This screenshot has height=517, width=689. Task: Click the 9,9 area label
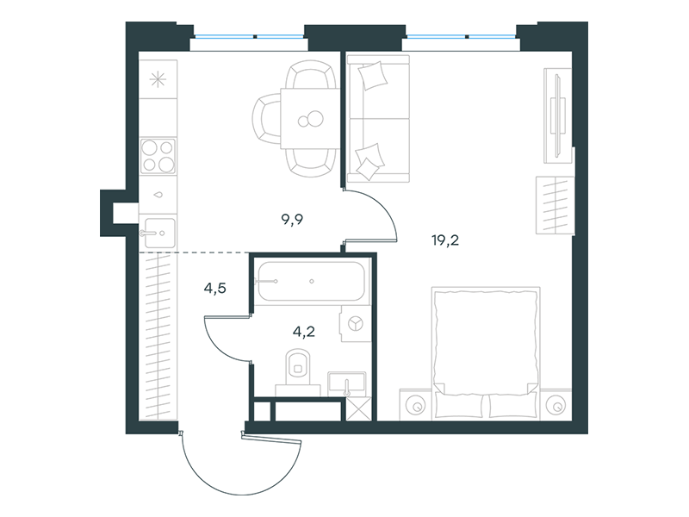coord(292,220)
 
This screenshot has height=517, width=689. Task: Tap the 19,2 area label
coord(445,240)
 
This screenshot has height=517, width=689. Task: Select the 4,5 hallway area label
coord(214,289)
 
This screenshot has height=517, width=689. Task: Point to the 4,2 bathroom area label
coord(304,332)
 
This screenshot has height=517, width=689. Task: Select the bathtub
coord(311,282)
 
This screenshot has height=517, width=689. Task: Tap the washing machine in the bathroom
coord(354,325)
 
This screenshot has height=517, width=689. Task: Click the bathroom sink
coord(347,382)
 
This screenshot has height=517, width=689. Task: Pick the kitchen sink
coord(158,233)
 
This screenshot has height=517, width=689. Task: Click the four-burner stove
coord(158,156)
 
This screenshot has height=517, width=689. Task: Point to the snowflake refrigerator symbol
coord(158,79)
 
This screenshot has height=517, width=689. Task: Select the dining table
coord(310,118)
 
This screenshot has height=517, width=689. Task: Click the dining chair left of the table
coord(266,119)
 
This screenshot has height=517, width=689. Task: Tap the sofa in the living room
coord(378,119)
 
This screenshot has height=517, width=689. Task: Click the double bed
coord(486,352)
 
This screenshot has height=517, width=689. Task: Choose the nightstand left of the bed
coord(416,404)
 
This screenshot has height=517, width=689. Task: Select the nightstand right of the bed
coord(556,404)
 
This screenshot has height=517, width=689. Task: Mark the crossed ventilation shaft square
coord(359,408)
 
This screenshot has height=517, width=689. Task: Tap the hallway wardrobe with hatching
coord(158,336)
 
